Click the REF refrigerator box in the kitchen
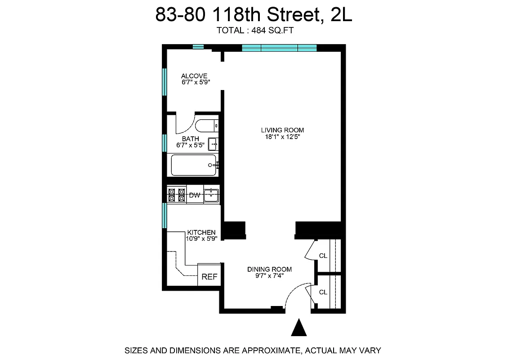pyautogui.click(x=209, y=276)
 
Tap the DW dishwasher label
pyautogui.click(x=194, y=195)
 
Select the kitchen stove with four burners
pyautogui.click(x=177, y=195)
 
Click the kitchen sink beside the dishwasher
pyautogui.click(x=211, y=195)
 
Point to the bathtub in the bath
pyautogui.click(x=194, y=165)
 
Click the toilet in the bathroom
pyautogui.click(x=207, y=125)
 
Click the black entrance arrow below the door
pyautogui.click(x=299, y=328)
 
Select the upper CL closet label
pyautogui.click(x=323, y=256)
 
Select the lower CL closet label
pyautogui.click(x=323, y=292)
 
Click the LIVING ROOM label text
pyautogui.click(x=282, y=130)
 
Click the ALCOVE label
pyautogui.click(x=194, y=76)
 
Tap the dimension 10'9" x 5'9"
pyautogui.click(x=202, y=239)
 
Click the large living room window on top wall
pyautogui.click(x=279, y=48)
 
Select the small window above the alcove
pyautogui.click(x=198, y=46)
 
